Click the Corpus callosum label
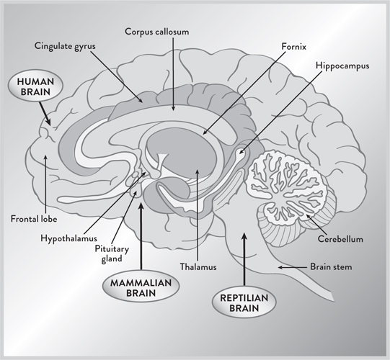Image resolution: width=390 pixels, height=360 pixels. [x=157, y=32]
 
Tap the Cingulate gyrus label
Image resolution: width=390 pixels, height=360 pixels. [x=65, y=46]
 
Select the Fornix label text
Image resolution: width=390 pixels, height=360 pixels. [x=293, y=47]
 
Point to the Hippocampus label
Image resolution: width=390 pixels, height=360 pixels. [x=342, y=66]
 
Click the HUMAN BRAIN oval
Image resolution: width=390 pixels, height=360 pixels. [x=35, y=86]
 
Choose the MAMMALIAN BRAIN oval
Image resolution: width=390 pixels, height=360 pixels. [x=141, y=287]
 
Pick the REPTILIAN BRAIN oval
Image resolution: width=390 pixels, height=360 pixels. [x=244, y=302]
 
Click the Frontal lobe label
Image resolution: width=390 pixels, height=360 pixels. [x=34, y=219]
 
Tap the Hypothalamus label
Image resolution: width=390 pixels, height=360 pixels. [x=68, y=238]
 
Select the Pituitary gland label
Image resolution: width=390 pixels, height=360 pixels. [x=112, y=253]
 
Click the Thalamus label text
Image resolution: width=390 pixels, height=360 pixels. [x=198, y=267]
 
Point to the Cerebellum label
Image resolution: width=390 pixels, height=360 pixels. [x=340, y=239]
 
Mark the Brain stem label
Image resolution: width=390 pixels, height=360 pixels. [x=331, y=267]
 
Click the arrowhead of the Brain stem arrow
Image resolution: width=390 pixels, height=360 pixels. [x=280, y=267]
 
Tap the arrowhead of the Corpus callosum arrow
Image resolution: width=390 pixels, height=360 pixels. [x=173, y=109]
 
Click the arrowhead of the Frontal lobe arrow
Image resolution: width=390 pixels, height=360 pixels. [x=45, y=157]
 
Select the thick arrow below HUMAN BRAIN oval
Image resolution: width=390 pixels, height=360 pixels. [x=45, y=113]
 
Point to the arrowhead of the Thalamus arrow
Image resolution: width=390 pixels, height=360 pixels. [x=198, y=171]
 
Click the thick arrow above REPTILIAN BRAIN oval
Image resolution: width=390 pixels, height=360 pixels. [x=244, y=259]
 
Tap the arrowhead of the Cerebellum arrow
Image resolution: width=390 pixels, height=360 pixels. [x=308, y=216]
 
